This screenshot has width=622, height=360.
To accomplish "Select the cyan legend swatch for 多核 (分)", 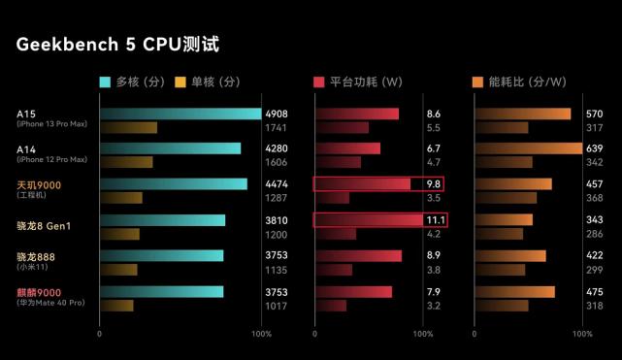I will coord(106,82).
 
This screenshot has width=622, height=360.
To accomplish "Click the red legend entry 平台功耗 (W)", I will coord(358,82).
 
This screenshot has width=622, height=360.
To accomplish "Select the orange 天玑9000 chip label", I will coord(39,184).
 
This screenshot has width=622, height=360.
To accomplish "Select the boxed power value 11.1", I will coord(435,220).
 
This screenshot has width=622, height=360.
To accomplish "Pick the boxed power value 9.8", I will coord(434,184).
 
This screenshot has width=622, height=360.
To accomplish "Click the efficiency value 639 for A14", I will coord(595,148).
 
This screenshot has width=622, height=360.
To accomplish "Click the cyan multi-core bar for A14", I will coord(170,148).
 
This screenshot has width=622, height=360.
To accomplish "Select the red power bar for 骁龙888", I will coord(358,256).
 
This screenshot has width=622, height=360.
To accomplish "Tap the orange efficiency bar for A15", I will coord(522,114).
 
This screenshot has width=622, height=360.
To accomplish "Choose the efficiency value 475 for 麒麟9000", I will coord(595,292).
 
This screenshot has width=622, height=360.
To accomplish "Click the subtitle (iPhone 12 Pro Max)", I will coord(51,159).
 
